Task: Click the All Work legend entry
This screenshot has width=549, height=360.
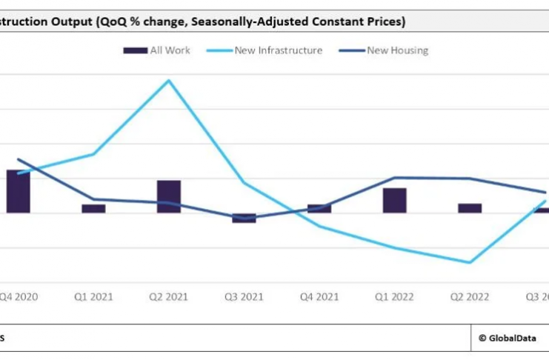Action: pos(157,50)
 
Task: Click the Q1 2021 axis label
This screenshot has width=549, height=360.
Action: pos(93,296)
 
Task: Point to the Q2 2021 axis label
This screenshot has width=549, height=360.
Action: pos(169,296)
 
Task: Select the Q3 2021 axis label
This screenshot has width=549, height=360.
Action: pos(244,296)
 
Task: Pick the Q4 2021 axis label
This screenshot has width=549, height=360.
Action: pos(319,296)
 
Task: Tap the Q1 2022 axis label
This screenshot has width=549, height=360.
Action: pos(394,296)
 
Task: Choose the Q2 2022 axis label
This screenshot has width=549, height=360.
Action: pos(470,296)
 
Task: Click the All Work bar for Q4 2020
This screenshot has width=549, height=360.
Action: pos(19,191)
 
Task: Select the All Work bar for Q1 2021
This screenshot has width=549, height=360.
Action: pos(93,208)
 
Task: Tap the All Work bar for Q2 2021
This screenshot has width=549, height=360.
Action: pos(169,196)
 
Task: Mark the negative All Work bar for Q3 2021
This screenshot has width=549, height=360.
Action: pos(244,218)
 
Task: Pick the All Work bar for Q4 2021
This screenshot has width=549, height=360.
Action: pos(319,208)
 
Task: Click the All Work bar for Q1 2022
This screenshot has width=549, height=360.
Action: pos(394,200)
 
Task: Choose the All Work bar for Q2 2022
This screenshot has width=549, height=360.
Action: pos(470,208)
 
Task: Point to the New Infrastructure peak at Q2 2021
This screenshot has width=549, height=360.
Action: pos(169,80)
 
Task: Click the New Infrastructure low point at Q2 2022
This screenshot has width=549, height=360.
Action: pos(470,262)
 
